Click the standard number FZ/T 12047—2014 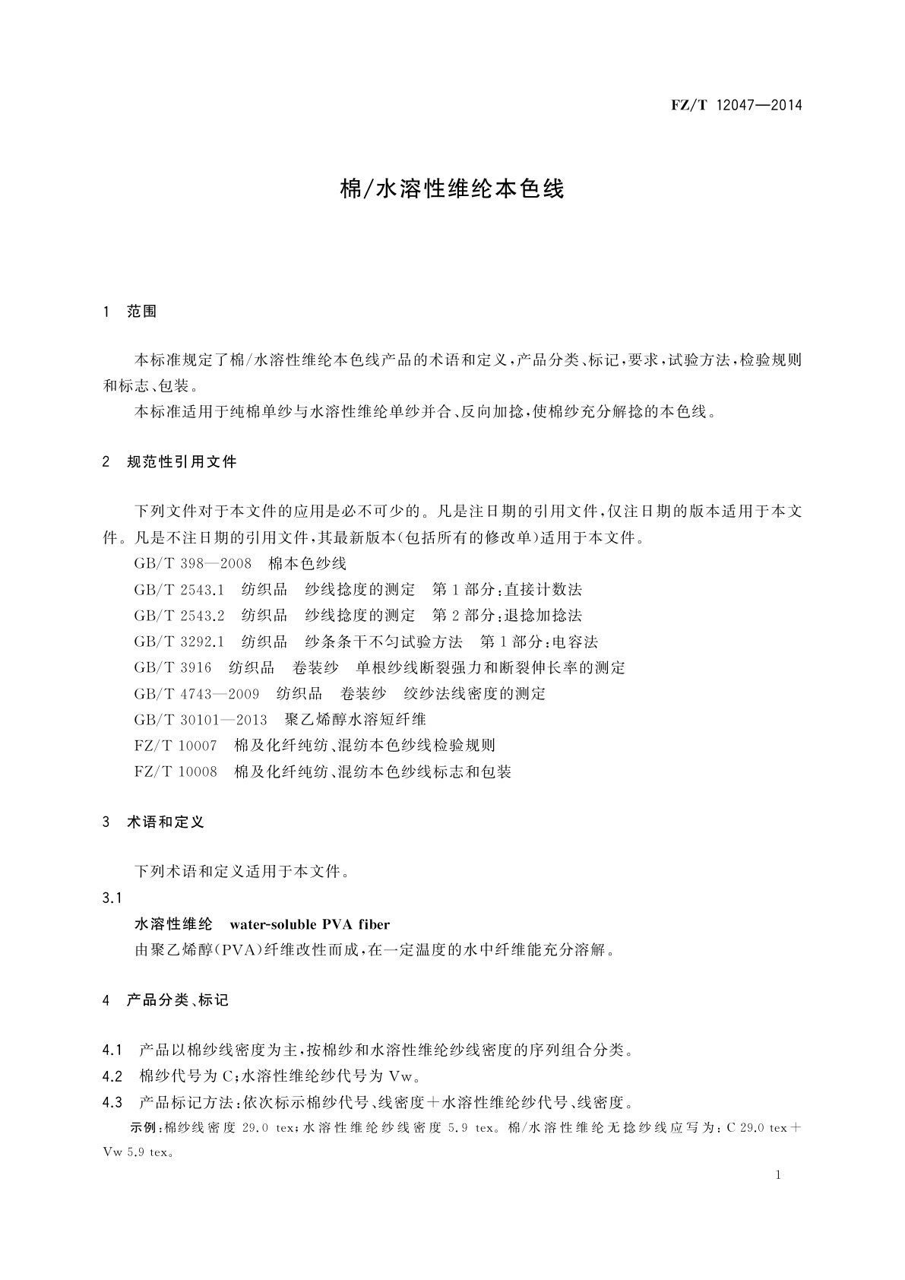coord(736,105)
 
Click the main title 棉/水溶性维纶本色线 coord(452,189)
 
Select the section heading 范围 coord(142,312)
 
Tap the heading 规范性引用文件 coord(182,461)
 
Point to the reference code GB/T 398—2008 coord(193,564)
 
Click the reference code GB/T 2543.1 coord(179,590)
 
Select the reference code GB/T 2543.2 coord(179,616)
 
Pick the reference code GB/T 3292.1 coord(179,642)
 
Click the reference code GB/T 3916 coord(172,668)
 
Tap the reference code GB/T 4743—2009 coord(197,694)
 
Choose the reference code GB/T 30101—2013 coord(201,720)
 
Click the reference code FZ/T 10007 coord(176,746)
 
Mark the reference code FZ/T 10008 coord(176,772)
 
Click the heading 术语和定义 coord(166,822)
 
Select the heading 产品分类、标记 coord(177,1000)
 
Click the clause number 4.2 coord(112,1076)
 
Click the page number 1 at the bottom coord(779,1175)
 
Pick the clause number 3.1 coord(112,898)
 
